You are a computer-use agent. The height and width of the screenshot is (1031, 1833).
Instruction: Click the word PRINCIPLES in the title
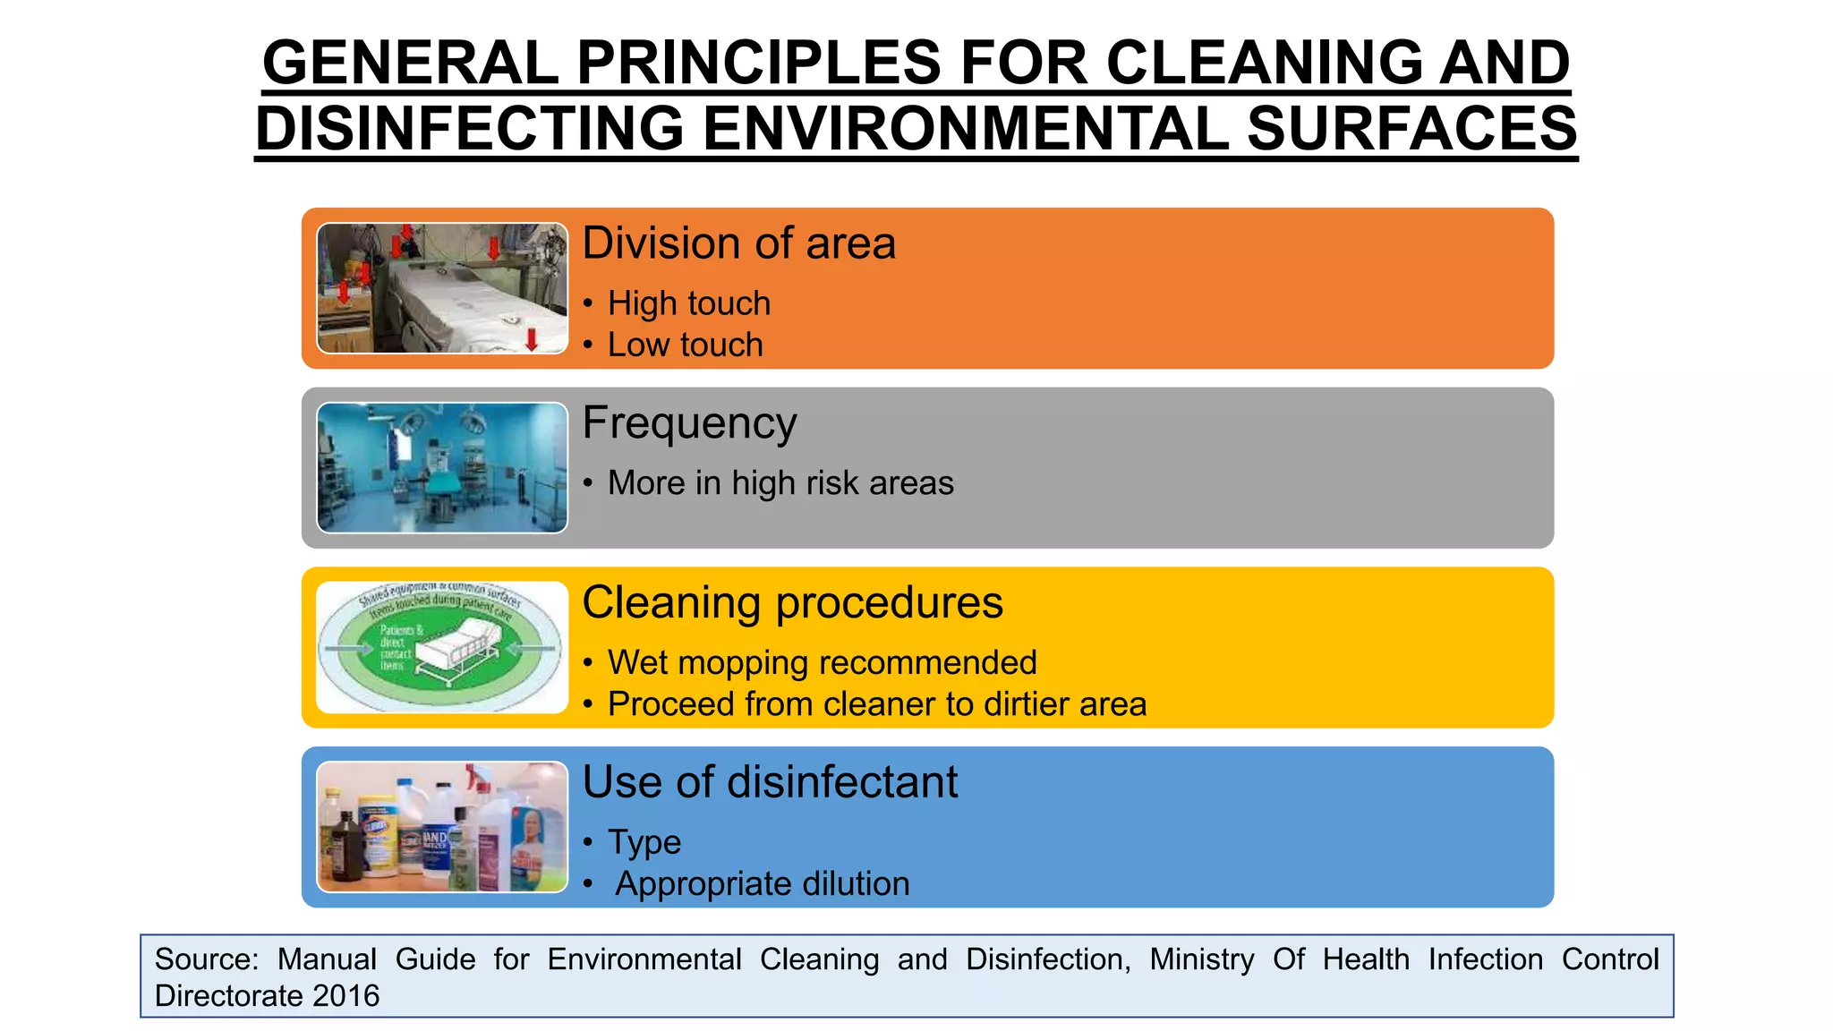pyautogui.click(x=759, y=64)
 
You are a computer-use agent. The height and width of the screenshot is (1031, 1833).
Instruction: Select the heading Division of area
pyautogui.click(x=738, y=243)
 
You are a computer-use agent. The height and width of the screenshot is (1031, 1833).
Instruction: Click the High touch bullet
pyautogui.click(x=688, y=303)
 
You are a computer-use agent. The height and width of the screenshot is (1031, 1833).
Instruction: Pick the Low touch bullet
pyautogui.click(x=685, y=345)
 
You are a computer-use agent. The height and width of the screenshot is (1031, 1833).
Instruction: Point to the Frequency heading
pyautogui.click(x=689, y=423)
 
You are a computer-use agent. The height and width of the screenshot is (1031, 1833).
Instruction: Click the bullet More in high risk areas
pyautogui.click(x=780, y=483)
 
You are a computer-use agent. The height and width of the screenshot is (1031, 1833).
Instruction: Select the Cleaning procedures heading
pyautogui.click(x=792, y=602)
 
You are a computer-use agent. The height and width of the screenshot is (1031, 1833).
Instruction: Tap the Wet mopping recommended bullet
pyautogui.click(x=822, y=663)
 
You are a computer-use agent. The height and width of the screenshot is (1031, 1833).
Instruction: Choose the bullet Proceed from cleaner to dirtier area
pyautogui.click(x=876, y=704)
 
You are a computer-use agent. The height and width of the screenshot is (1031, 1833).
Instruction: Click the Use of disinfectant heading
pyautogui.click(x=770, y=782)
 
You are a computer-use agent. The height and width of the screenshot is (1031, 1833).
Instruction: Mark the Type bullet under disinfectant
pyautogui.click(x=644, y=842)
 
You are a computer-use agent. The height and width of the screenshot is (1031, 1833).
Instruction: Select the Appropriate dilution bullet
pyautogui.click(x=762, y=884)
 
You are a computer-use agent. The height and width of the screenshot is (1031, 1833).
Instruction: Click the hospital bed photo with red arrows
pyautogui.click(x=442, y=288)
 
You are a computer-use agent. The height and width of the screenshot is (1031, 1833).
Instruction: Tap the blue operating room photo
pyautogui.click(x=442, y=467)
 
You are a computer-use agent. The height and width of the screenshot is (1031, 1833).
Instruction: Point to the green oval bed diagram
pyautogui.click(x=442, y=647)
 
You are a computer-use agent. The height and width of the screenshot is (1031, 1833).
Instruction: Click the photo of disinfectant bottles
pyautogui.click(x=442, y=827)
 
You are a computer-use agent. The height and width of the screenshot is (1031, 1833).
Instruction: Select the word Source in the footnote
pyautogui.click(x=206, y=959)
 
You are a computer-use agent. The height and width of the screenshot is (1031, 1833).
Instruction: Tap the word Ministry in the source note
pyautogui.click(x=1201, y=959)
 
